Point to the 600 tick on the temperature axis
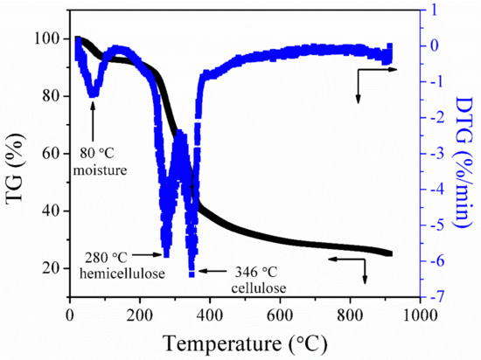click(280, 314)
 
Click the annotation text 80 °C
click(97, 135)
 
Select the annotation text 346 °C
click(241, 273)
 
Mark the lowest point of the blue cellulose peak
click(192, 274)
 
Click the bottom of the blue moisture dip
click(93, 93)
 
